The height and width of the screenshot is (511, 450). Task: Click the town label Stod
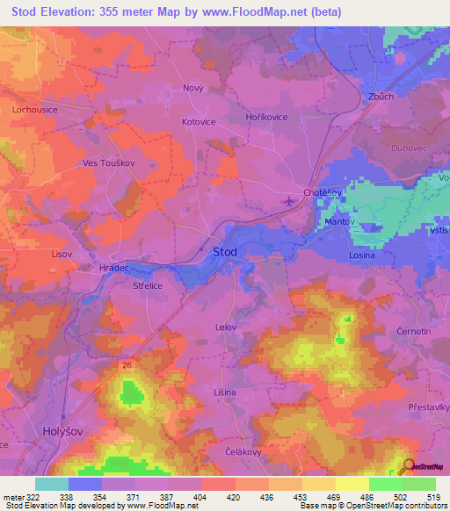[224, 252]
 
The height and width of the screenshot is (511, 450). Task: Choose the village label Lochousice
[35, 110]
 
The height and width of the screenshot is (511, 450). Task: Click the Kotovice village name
[199, 122]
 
